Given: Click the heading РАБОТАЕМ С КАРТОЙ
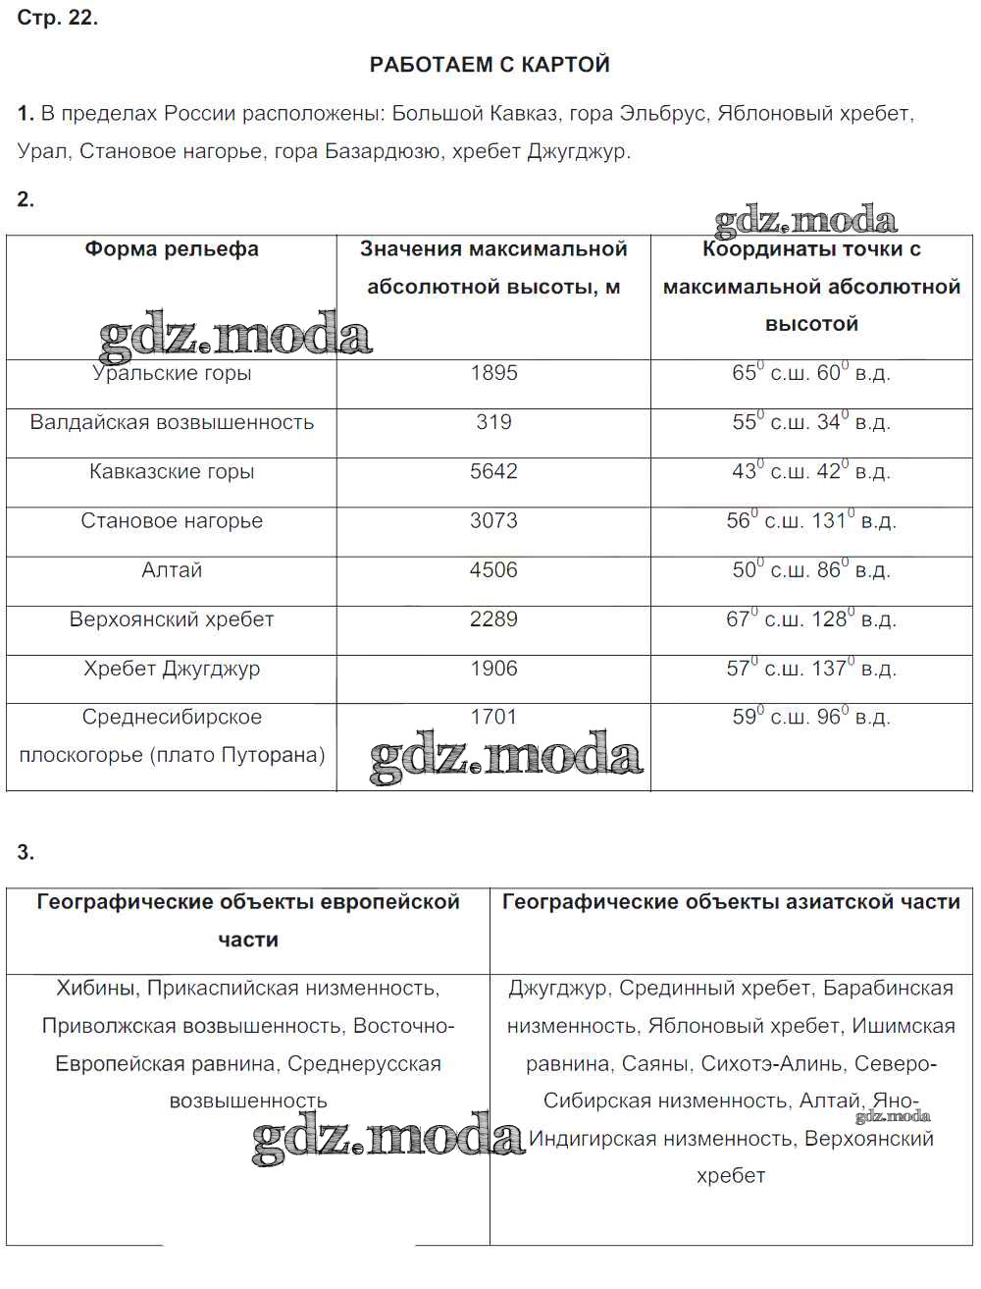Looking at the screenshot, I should pyautogui.click(x=490, y=65).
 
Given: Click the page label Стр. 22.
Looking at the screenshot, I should pyautogui.click(x=57, y=18).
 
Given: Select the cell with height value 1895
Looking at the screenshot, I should pyautogui.click(x=493, y=373).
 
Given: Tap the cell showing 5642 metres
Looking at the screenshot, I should pyautogui.click(x=493, y=471).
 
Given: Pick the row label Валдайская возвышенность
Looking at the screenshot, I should pyautogui.click(x=172, y=422).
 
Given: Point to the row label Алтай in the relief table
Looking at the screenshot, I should pyautogui.click(x=172, y=570).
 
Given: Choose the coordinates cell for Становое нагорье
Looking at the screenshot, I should pyautogui.click(x=811, y=520).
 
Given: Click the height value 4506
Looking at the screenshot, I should pyautogui.click(x=493, y=570).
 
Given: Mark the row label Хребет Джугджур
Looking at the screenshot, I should pyautogui.click(x=172, y=669).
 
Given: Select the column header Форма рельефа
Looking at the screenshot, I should pyautogui.click(x=172, y=249).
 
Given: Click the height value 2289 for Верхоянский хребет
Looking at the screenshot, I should pyautogui.click(x=493, y=619).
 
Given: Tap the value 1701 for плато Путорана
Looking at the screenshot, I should pyautogui.click(x=493, y=717).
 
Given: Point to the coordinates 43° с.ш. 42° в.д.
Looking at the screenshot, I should pyautogui.click(x=811, y=471).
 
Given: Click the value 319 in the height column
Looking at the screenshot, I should pyautogui.click(x=493, y=422).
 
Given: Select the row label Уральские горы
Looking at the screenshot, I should pyautogui.click(x=172, y=374).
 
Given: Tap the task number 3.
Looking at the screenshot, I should pyautogui.click(x=26, y=852).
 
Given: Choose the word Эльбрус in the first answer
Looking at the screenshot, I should pyautogui.click(x=662, y=114).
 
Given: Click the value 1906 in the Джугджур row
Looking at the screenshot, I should pyautogui.click(x=493, y=669).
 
